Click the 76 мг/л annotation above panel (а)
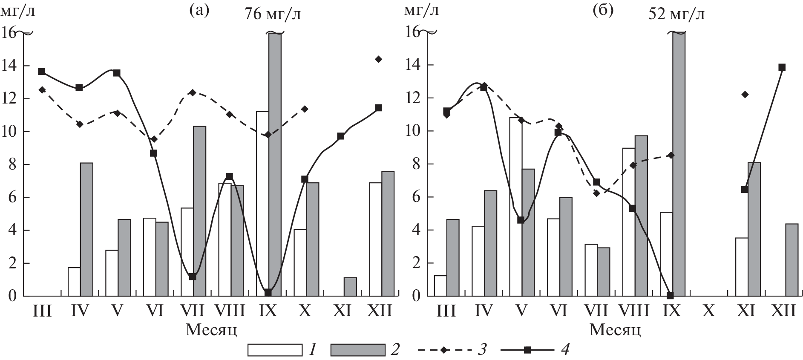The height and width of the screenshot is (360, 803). tap(273, 14)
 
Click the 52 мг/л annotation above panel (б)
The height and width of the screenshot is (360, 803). tap(676, 14)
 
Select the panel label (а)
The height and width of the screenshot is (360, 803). tap(199, 11)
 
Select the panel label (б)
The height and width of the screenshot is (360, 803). tap(603, 11)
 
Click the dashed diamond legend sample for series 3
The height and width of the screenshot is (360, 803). tap(444, 350)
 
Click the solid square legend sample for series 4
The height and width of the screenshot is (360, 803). tap(527, 350)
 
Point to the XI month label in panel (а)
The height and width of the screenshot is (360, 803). tap(342, 312)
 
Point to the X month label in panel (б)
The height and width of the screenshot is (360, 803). tap(708, 312)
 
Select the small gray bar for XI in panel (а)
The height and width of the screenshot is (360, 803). tap(350, 287)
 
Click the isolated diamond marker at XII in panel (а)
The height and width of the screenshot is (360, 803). tap(379, 59)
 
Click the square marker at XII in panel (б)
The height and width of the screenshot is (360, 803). tap(782, 67)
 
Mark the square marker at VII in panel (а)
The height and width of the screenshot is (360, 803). tap(192, 276)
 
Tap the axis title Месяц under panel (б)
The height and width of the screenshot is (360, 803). tap(616, 330)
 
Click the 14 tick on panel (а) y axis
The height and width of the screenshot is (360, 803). tap(9, 66)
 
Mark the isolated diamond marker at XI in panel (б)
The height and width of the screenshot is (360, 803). tap(745, 95)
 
